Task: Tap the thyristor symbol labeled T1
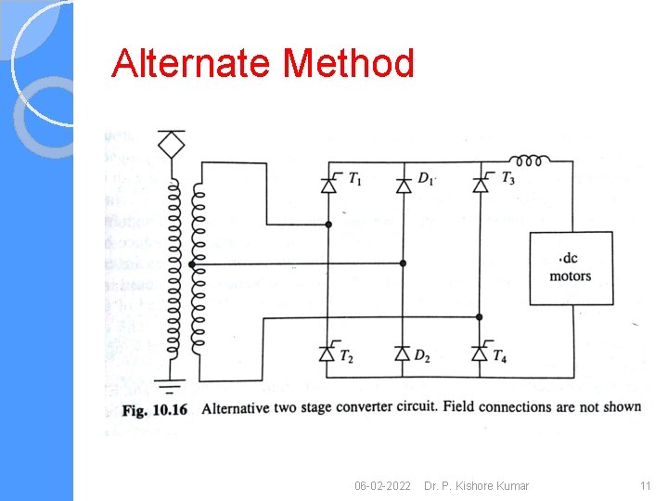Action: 328,185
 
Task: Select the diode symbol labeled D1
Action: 403,185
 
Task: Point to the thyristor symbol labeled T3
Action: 480,185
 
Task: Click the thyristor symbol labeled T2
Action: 328,353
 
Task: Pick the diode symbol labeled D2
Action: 403,353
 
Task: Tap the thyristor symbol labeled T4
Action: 480,353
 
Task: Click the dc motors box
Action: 570,267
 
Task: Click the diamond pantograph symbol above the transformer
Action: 171,146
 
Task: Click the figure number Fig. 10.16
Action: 155,408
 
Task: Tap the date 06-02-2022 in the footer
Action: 382,486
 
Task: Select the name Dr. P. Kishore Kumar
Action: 476,486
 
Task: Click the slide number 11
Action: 645,486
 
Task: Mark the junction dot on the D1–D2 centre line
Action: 403,263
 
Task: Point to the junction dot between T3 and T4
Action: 480,316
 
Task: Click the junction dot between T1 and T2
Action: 328,225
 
